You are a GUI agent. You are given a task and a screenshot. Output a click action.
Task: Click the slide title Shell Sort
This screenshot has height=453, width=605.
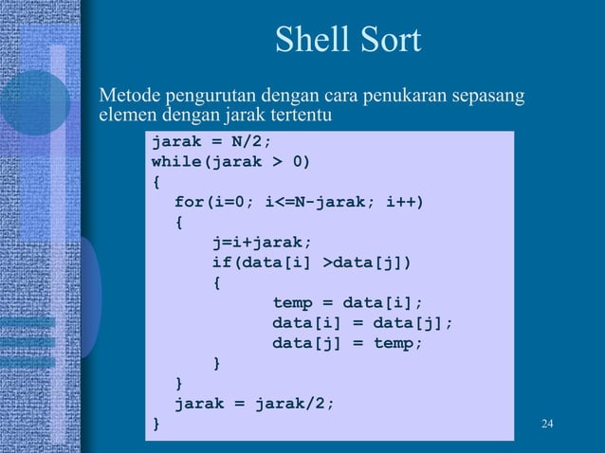tap(347, 41)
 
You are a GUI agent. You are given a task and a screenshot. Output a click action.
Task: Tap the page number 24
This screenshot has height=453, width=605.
tap(545, 423)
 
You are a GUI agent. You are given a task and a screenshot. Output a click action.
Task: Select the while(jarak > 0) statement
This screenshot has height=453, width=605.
tap(230, 161)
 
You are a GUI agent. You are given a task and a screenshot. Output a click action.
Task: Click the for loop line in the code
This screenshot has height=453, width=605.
tap(299, 202)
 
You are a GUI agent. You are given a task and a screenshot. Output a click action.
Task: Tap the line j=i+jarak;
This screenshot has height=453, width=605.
tap(262, 243)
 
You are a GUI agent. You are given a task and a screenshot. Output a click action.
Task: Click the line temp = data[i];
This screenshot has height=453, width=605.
tap(348, 303)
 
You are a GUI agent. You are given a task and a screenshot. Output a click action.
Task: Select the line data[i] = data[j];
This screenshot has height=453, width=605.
tap(363, 323)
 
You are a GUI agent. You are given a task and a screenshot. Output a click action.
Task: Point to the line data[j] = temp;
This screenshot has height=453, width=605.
tap(348, 343)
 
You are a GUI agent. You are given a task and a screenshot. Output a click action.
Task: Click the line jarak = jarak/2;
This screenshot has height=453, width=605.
tap(254, 403)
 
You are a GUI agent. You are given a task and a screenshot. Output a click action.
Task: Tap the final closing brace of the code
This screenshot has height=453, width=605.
tap(156, 423)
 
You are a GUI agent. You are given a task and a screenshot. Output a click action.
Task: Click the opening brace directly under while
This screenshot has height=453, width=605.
tap(156, 182)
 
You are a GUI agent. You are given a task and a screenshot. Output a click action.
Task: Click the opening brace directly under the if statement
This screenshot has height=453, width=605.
tap(216, 282)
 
